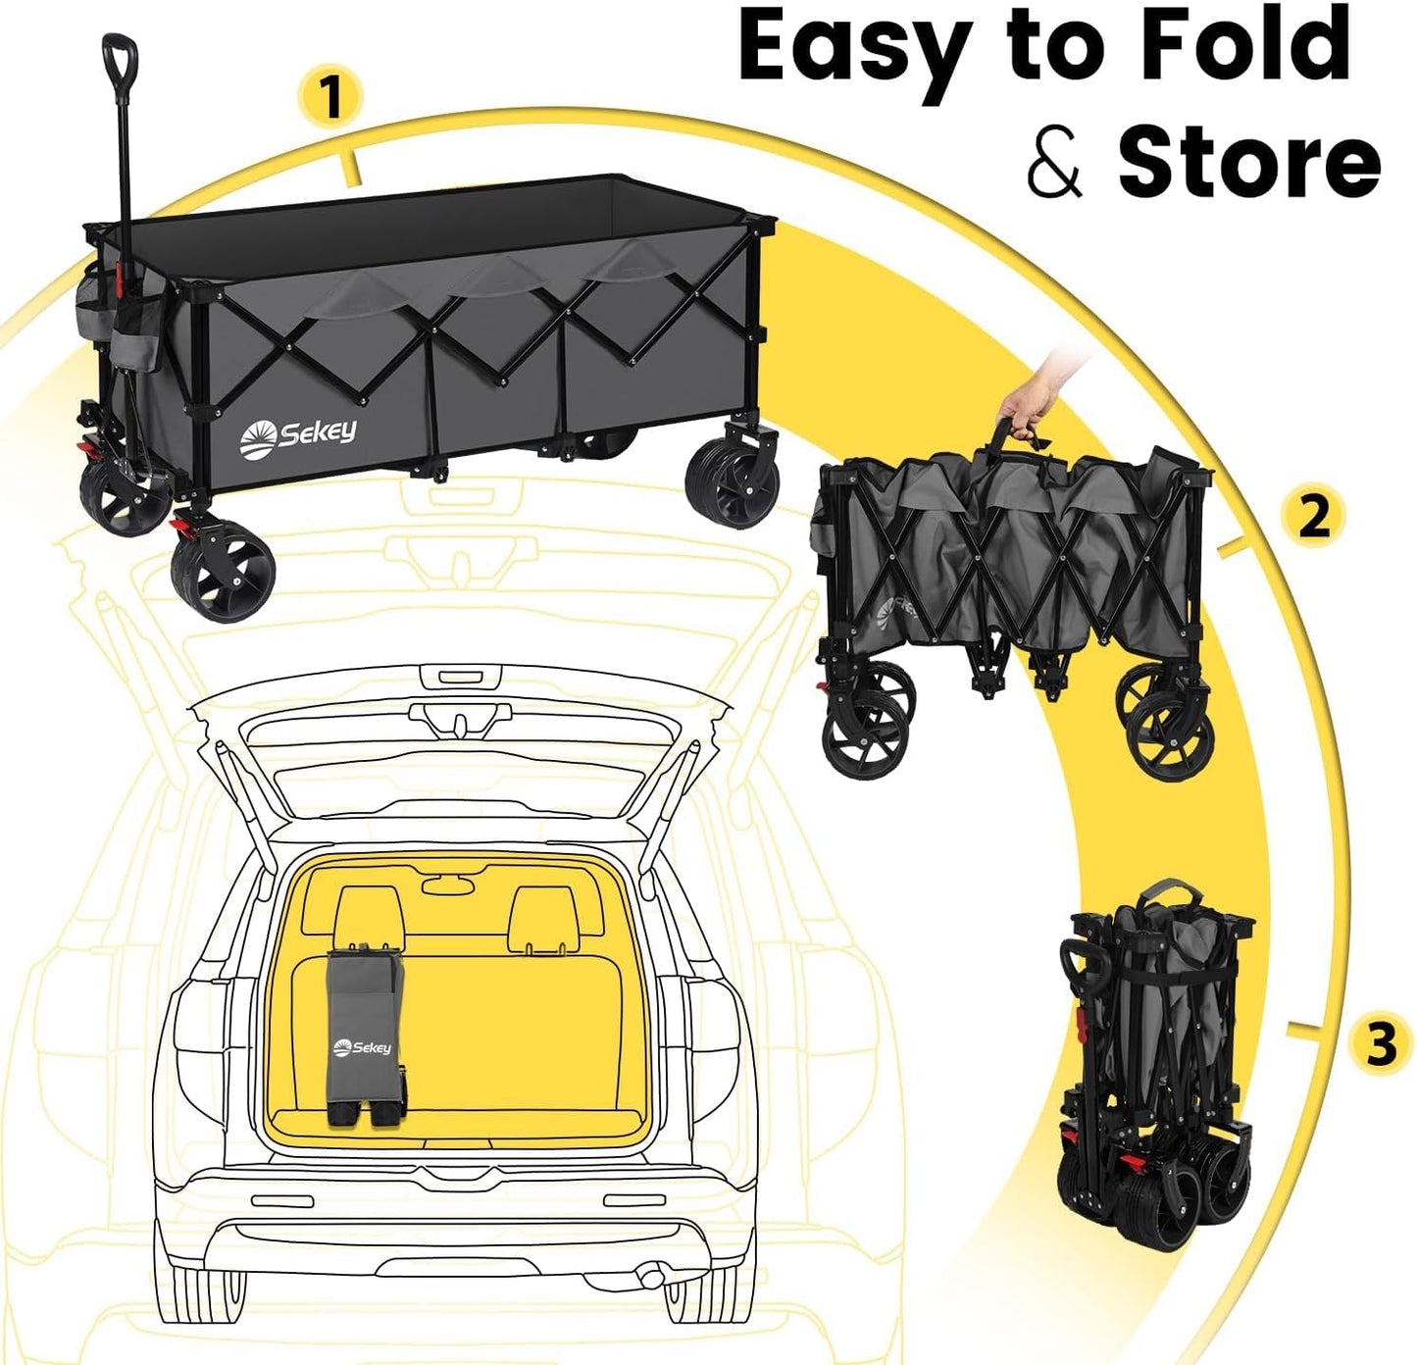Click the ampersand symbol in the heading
point(1055,165)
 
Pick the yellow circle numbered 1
point(330,98)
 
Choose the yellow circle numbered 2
point(1313,516)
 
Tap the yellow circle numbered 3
point(1381,1043)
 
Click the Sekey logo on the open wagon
point(298,433)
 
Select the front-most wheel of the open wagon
point(223,573)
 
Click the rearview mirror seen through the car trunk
point(447,884)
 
